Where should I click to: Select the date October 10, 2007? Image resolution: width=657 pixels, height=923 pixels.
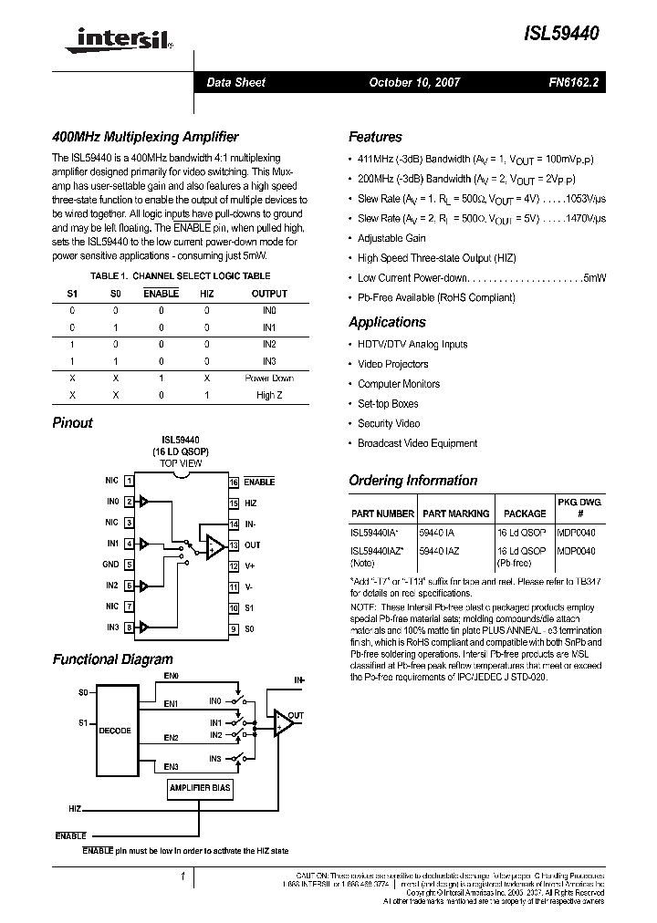click(x=414, y=82)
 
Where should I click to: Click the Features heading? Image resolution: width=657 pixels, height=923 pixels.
click(x=375, y=137)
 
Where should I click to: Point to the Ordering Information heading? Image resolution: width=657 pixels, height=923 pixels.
click(x=412, y=481)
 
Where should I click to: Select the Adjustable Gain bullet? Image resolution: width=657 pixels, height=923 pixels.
click(x=391, y=238)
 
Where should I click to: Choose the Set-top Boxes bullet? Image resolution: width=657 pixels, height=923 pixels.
click(x=388, y=403)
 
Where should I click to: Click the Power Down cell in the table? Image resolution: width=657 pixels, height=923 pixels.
click(x=268, y=378)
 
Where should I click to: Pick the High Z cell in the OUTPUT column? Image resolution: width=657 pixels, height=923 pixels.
click(x=268, y=395)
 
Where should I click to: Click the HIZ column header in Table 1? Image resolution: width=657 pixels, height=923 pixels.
click(x=206, y=294)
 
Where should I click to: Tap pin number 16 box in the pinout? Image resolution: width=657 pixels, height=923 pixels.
click(x=235, y=482)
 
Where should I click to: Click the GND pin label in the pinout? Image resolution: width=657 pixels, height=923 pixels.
click(x=111, y=565)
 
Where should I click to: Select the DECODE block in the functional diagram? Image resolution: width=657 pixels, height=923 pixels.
click(x=115, y=731)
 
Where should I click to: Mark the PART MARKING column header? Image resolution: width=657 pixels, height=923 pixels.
click(x=456, y=513)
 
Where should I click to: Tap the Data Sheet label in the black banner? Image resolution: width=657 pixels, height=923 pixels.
click(x=236, y=82)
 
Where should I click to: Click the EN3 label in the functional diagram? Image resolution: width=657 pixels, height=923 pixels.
click(x=171, y=766)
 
